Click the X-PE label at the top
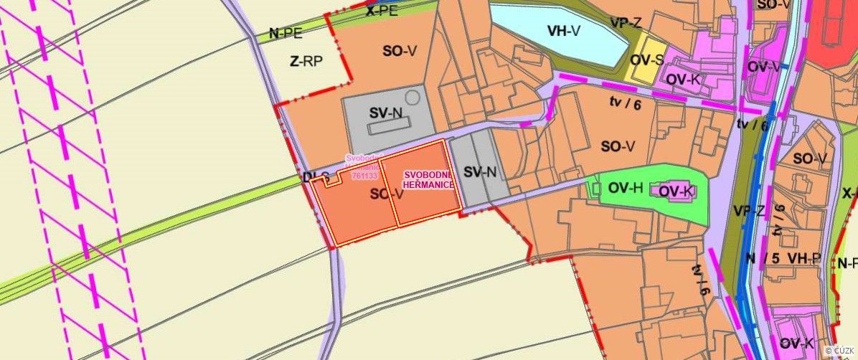[381, 11]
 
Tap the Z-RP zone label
[307, 62]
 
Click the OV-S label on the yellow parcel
[645, 59]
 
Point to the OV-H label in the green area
[625, 189]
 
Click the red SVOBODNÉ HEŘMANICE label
[428, 179]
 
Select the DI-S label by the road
[316, 177]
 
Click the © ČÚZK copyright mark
[840, 350]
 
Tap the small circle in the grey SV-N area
[412, 96]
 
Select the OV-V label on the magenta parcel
[763, 67]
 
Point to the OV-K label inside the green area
[675, 191]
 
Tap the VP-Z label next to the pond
[626, 23]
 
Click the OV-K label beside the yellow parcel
[683, 79]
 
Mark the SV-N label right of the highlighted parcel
[480, 172]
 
